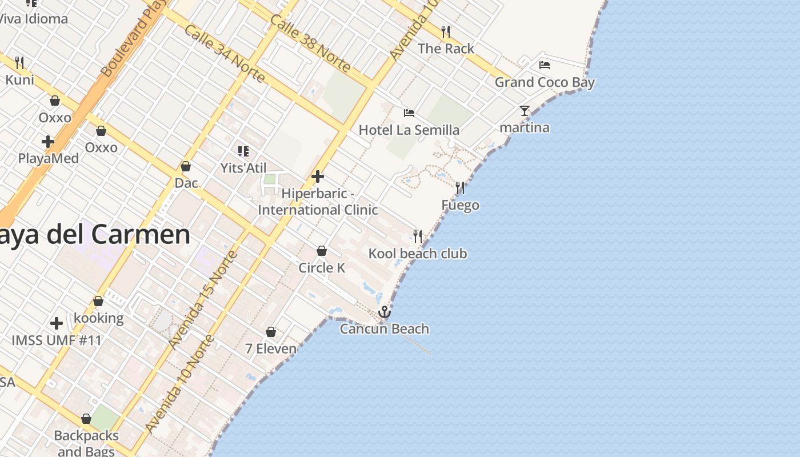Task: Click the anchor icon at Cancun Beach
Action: (x=385, y=312)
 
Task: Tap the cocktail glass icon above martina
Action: (x=525, y=111)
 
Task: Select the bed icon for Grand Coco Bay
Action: (x=545, y=65)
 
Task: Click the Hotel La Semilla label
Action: (x=409, y=130)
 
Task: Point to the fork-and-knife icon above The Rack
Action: (x=446, y=31)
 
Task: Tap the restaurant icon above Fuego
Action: (x=460, y=188)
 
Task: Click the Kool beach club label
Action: (x=418, y=254)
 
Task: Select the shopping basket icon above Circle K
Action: (x=322, y=251)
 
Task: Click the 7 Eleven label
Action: (x=271, y=348)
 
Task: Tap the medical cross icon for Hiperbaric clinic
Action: (x=318, y=177)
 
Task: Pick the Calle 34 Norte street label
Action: (x=224, y=53)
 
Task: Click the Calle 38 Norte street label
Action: (x=310, y=43)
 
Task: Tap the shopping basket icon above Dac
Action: (x=186, y=167)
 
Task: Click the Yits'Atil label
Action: (x=243, y=168)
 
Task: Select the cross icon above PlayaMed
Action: (x=48, y=141)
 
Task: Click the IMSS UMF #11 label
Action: (x=57, y=341)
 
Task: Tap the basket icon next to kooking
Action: (x=98, y=301)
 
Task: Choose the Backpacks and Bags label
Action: (x=86, y=443)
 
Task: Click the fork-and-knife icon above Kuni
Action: (x=19, y=62)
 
